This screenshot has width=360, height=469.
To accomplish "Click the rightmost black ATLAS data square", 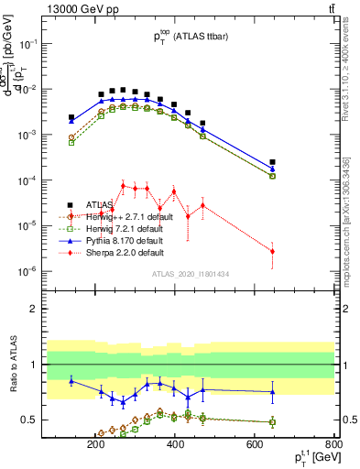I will click(x=272, y=162).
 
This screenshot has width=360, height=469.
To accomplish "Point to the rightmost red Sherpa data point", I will click(x=272, y=251).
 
